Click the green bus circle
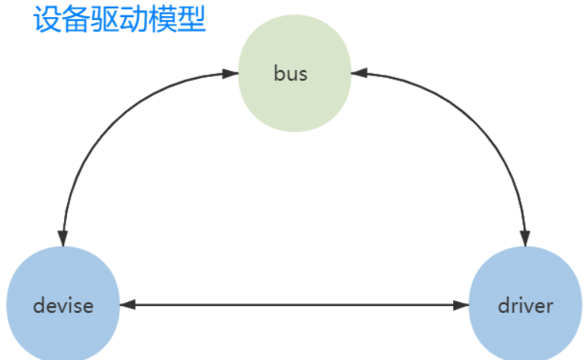294,73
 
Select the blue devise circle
62,305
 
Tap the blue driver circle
525,305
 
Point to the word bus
290,73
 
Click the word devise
63,305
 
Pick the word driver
525,305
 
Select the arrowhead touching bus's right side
359,74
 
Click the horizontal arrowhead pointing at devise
126,305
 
